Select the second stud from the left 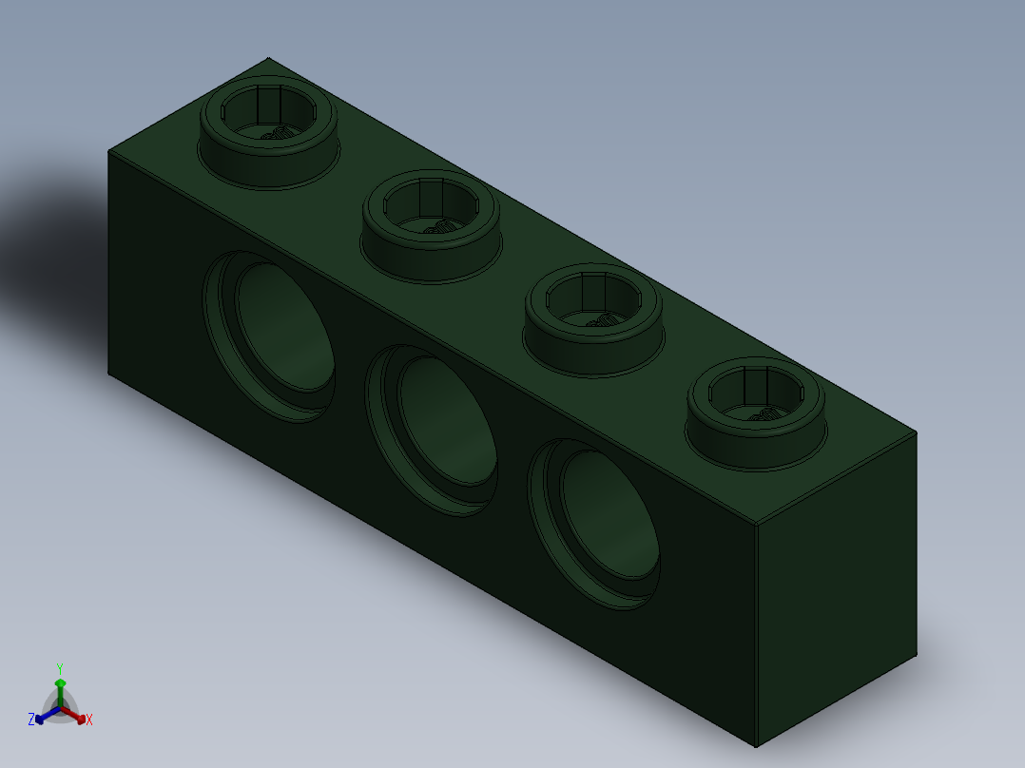pos(431,226)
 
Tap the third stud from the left pos(593,320)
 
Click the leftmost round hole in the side pos(271,335)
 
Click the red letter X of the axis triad pos(89,720)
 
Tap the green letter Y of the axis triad pos(60,668)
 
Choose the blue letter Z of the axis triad pos(31,720)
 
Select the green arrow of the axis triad pos(60,686)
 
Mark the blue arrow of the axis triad pos(43,716)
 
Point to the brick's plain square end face pos(837,589)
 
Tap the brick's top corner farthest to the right pos(917,432)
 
